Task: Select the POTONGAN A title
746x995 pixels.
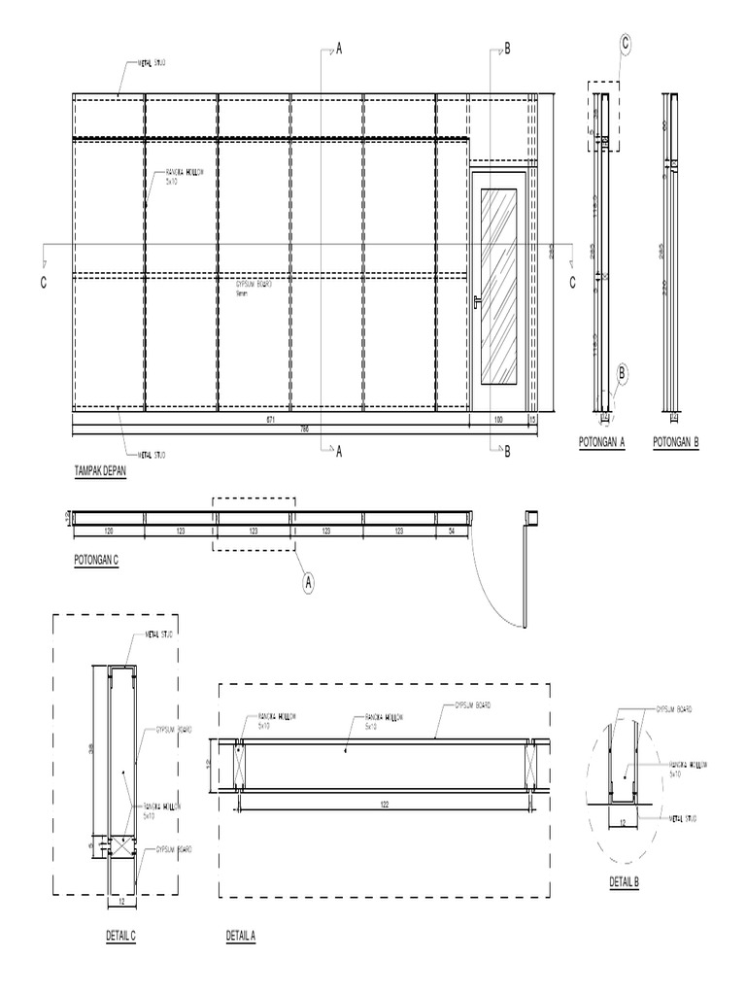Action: [602, 440]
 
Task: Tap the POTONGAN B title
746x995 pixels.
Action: [677, 440]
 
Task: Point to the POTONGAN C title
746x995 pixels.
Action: [96, 561]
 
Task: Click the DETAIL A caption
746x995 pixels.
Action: [240, 936]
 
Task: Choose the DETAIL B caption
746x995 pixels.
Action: [624, 881]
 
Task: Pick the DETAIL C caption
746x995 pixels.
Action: [120, 936]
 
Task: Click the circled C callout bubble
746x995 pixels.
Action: [626, 44]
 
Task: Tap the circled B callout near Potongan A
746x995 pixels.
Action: [623, 371]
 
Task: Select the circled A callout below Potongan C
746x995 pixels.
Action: [309, 582]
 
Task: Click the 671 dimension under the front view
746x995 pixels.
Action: [271, 419]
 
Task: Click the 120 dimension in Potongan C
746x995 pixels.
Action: [109, 531]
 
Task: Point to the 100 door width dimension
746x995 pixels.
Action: [498, 419]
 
